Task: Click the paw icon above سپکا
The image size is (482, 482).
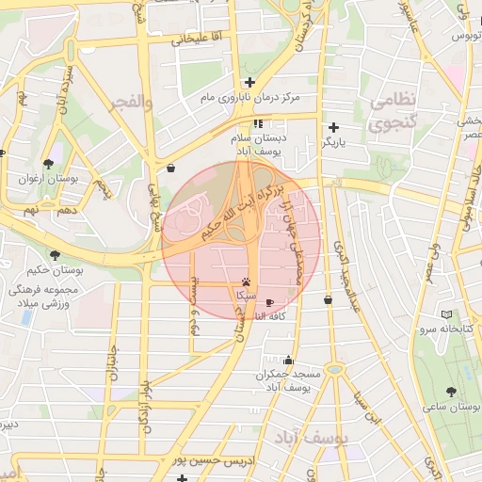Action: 246,281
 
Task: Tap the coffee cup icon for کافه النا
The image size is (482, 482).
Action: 271,302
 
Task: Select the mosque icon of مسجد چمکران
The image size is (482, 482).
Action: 287,361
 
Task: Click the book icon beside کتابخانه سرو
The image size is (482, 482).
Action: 446,314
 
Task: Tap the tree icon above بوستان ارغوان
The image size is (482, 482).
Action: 48,163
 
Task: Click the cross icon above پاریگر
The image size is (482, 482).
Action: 333,127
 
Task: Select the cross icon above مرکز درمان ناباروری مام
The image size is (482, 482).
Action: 249,82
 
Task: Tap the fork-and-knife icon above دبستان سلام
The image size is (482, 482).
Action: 258,123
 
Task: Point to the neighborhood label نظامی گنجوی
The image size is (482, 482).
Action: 394,111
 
